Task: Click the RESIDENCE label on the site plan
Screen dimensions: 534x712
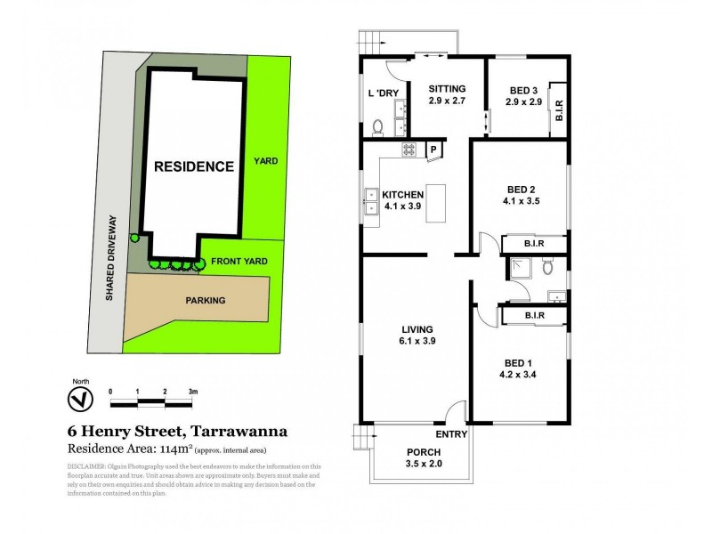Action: point(194,166)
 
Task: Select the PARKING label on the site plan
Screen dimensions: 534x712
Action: point(206,300)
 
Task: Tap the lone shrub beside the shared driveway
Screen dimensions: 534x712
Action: point(134,237)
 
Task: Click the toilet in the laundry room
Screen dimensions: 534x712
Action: point(376,127)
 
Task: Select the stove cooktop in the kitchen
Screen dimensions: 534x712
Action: point(409,150)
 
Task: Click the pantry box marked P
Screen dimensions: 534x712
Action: point(434,150)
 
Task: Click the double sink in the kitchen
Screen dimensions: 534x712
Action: point(370,203)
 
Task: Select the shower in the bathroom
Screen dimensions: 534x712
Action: point(518,265)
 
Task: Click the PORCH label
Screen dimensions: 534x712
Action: point(424,451)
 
